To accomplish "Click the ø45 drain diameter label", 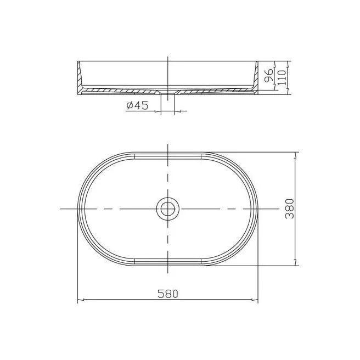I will [x=137, y=106].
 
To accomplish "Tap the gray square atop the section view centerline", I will [x=168, y=54].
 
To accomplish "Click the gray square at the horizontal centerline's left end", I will [x=59, y=209].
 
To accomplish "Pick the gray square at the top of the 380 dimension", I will [x=301, y=151].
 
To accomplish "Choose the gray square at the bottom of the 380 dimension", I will [x=301, y=266].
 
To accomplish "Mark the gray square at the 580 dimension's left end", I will [x=76, y=305].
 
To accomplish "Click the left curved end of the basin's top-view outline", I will [x=79, y=209].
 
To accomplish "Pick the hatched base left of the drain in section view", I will [x=121, y=89].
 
